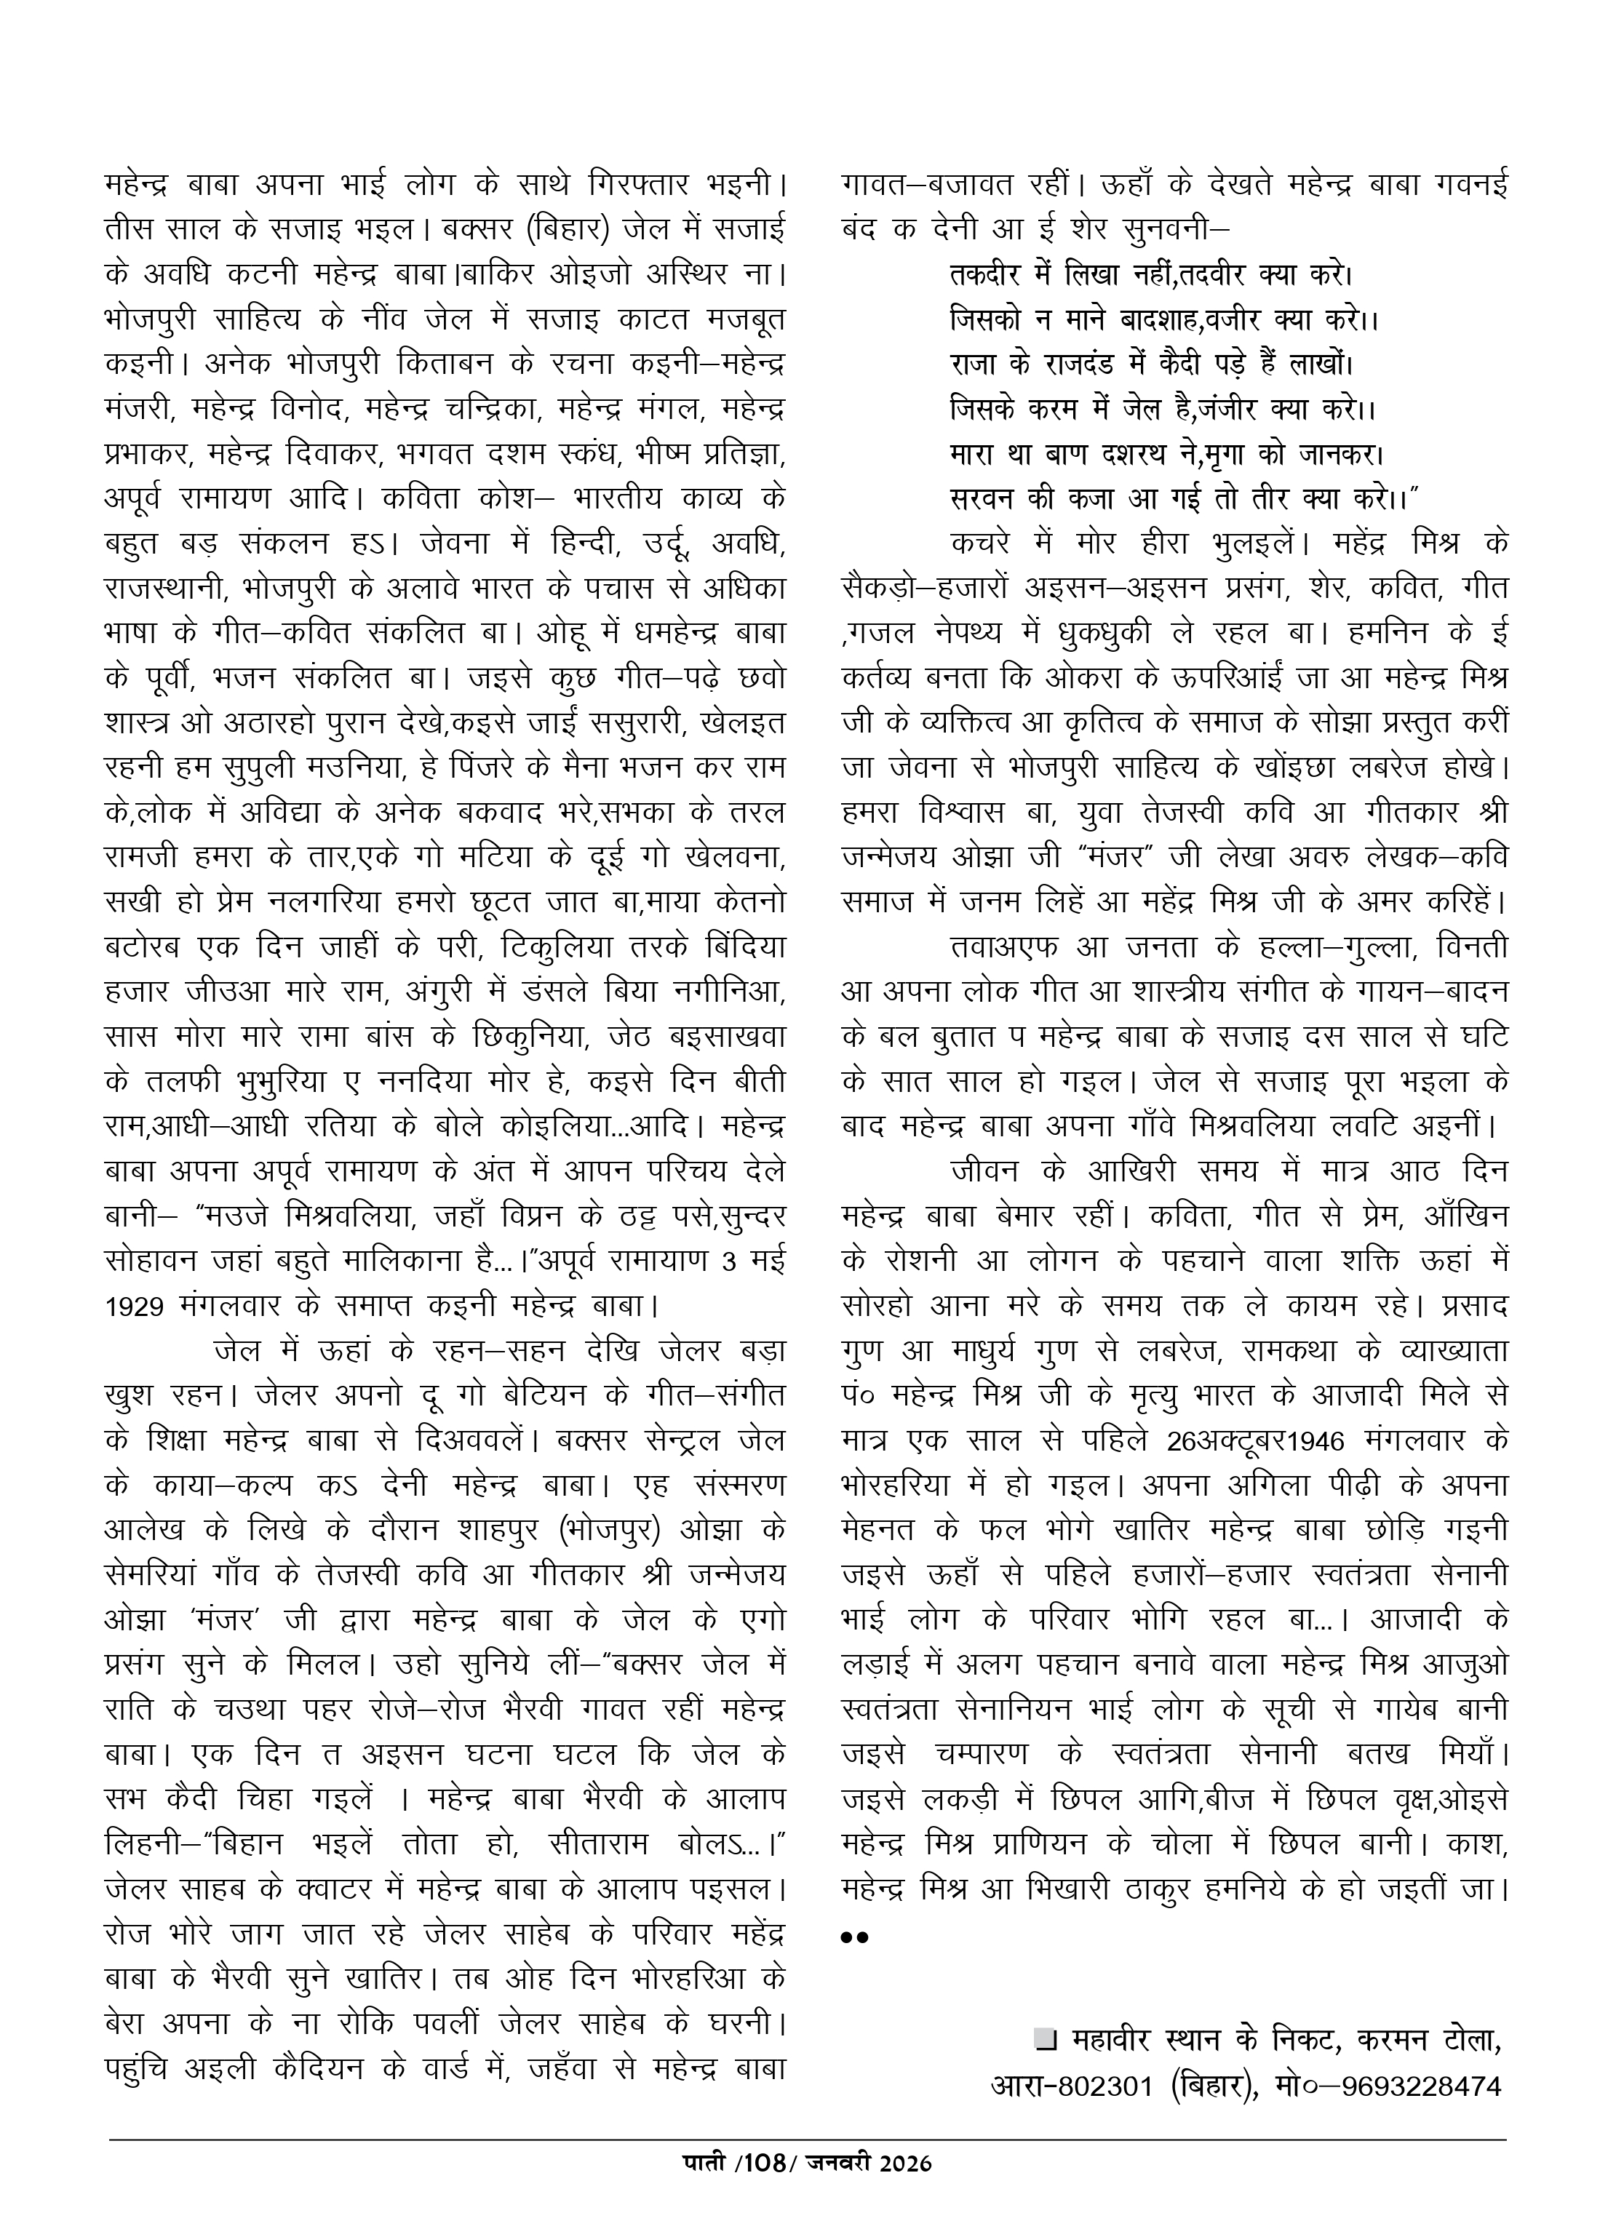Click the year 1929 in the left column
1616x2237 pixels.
tap(139, 1306)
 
